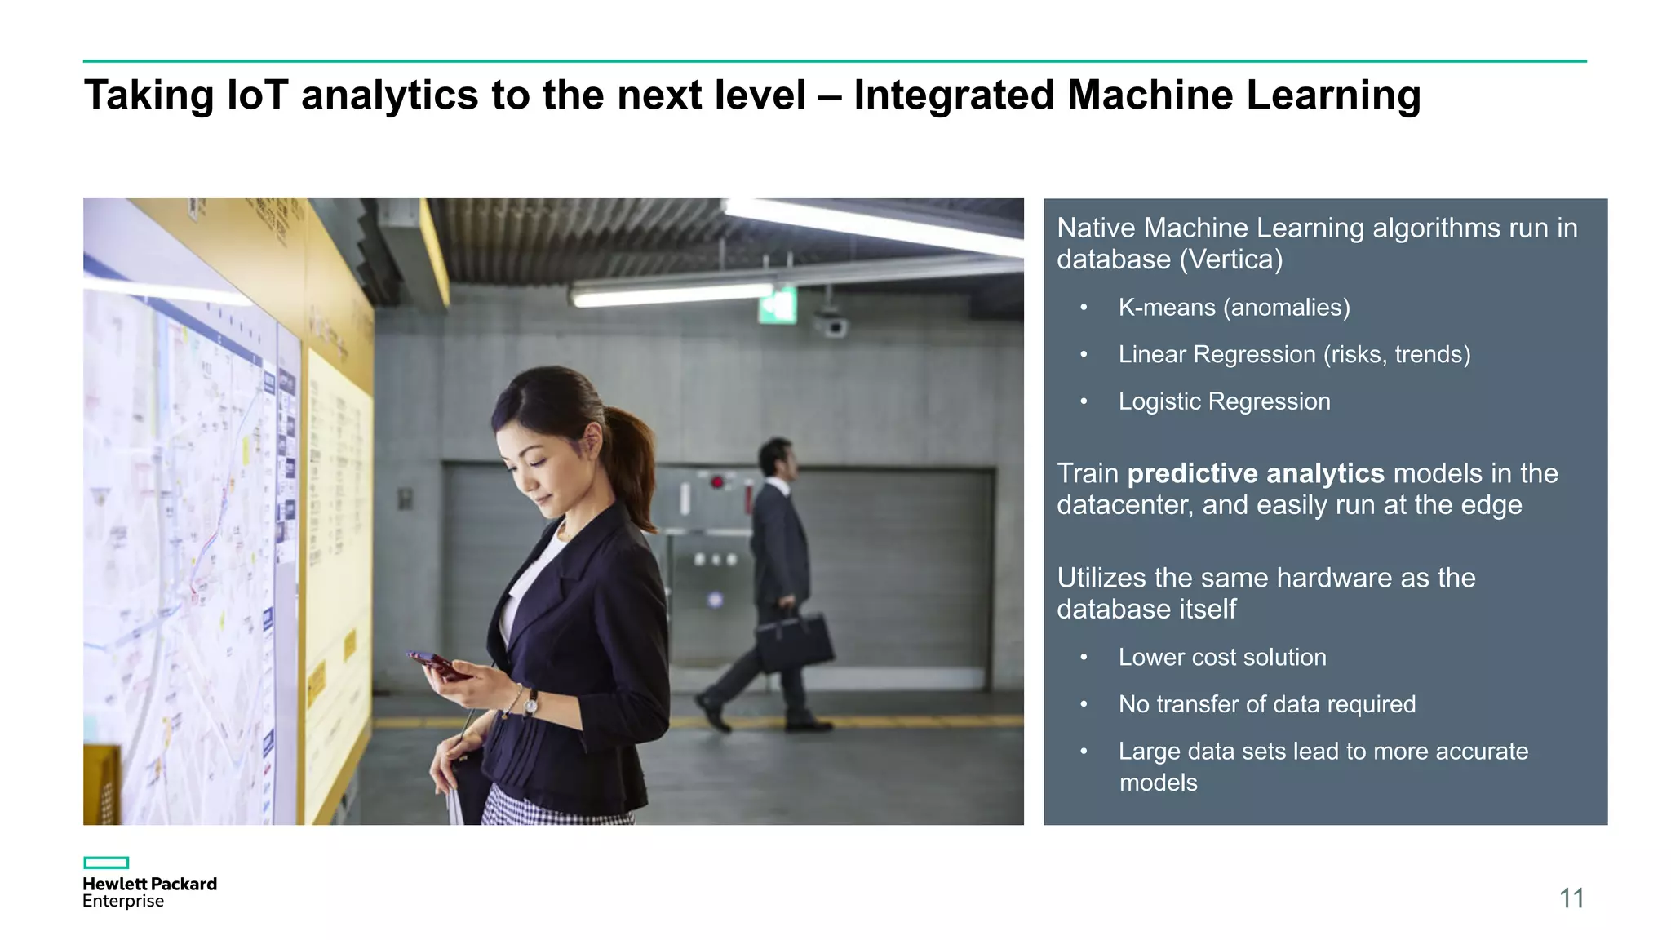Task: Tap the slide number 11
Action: (x=1571, y=898)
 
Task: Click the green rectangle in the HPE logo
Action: (x=106, y=862)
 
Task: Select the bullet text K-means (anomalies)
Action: (x=1234, y=308)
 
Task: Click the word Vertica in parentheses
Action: (x=1231, y=259)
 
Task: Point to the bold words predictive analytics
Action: (x=1256, y=473)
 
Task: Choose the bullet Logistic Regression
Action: (x=1224, y=401)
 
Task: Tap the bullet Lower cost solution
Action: (x=1222, y=657)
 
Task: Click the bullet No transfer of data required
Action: (x=1266, y=704)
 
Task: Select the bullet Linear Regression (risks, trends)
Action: (x=1294, y=354)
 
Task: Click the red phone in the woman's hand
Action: (x=437, y=664)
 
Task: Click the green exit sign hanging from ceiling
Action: (x=778, y=306)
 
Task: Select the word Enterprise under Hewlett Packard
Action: (x=123, y=902)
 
